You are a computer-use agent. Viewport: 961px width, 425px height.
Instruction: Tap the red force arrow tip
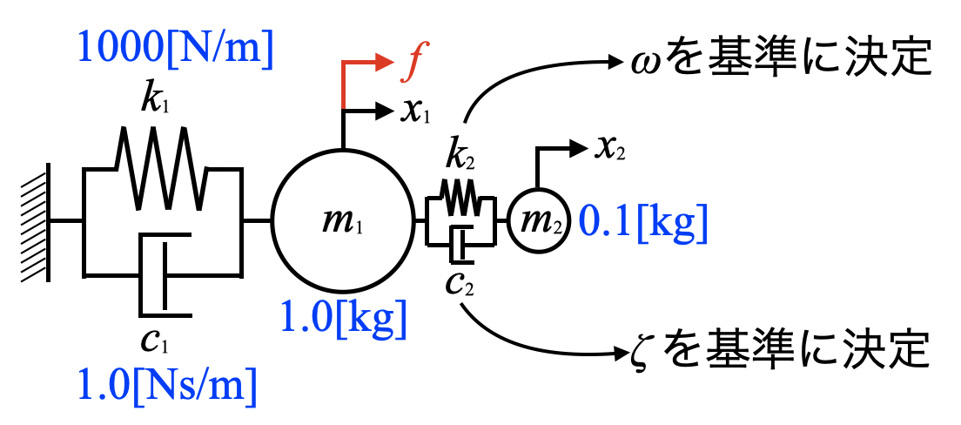[387, 62]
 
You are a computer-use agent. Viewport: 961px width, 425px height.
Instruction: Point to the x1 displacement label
[417, 112]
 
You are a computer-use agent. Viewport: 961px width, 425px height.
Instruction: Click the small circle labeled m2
[539, 222]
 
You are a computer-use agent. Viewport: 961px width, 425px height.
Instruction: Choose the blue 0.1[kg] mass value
[643, 224]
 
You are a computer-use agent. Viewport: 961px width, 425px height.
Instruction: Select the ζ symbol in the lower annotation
[642, 352]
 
